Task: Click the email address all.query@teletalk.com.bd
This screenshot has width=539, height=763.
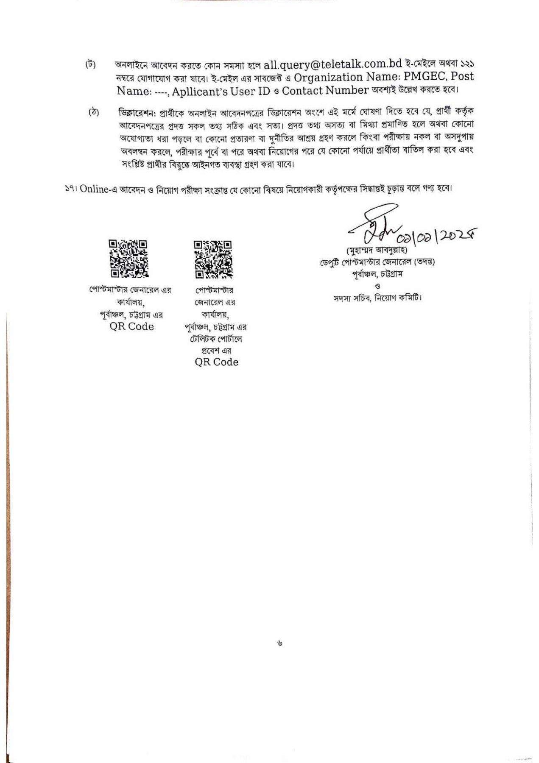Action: (332, 64)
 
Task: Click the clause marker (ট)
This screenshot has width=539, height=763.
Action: (90, 64)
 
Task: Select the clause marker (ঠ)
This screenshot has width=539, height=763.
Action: (93, 112)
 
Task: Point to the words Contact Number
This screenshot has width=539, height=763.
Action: (325, 91)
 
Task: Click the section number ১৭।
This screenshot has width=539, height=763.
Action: (70, 189)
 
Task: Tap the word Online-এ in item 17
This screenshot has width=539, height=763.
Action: (98, 189)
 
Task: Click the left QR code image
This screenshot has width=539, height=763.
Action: (128, 259)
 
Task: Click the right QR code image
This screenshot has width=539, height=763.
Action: (213, 259)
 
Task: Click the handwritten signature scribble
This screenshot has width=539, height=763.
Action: (375, 223)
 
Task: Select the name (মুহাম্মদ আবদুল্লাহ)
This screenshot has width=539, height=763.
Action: (377, 250)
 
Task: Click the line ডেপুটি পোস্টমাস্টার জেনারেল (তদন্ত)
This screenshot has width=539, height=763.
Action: (377, 262)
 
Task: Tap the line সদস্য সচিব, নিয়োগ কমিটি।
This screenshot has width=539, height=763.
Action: (377, 298)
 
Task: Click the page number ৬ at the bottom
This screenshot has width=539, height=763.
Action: (279, 643)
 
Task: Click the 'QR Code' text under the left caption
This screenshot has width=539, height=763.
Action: (131, 326)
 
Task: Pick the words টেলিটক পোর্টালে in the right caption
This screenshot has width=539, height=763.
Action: (216, 339)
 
